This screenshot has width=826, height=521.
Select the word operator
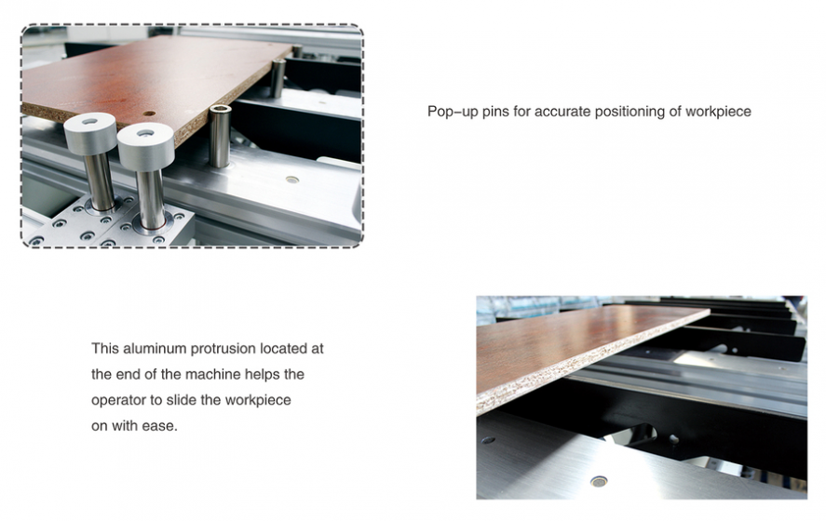(x=118, y=400)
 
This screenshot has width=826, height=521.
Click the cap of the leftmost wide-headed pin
(x=90, y=133)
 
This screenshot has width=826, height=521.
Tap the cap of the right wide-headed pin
(x=145, y=144)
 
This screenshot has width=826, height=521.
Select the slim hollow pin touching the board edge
(x=220, y=136)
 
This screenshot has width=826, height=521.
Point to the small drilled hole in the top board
(x=150, y=114)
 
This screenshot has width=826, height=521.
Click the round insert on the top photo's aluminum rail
(x=292, y=180)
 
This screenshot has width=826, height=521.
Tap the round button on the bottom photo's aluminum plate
(x=599, y=480)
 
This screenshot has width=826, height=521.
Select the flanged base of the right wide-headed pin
(x=153, y=225)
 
